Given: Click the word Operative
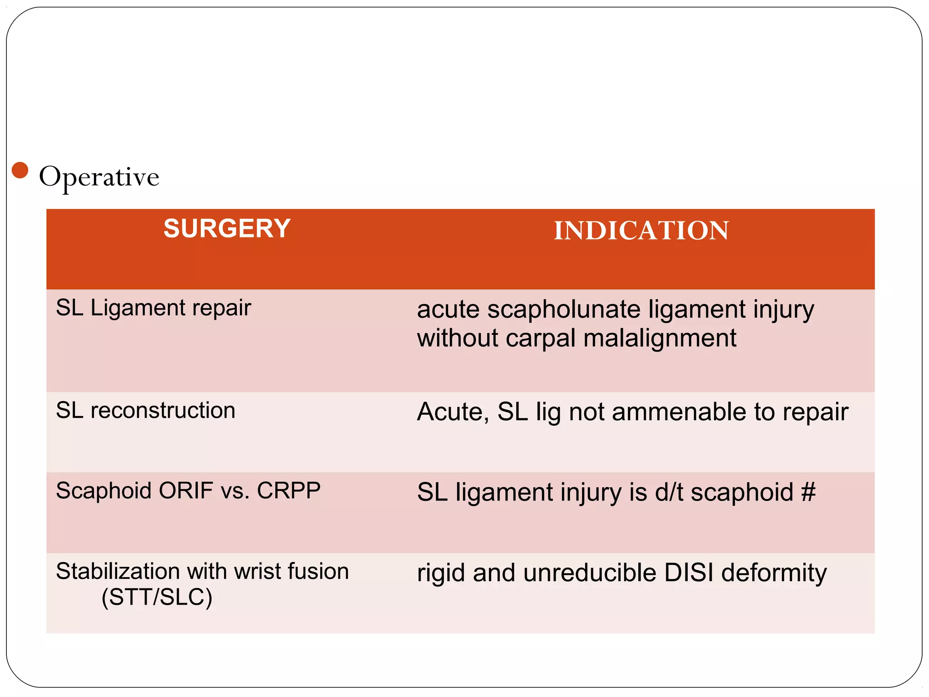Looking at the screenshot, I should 99,177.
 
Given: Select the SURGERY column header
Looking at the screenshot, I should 227,228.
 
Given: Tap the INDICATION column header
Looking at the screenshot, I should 641,231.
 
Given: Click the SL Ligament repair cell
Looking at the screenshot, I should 153,308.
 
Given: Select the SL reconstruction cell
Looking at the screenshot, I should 146,411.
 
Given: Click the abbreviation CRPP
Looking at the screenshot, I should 288,491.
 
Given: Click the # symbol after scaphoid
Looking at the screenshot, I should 808,492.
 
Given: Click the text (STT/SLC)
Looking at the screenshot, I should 157,597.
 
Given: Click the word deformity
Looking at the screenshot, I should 774,574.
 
